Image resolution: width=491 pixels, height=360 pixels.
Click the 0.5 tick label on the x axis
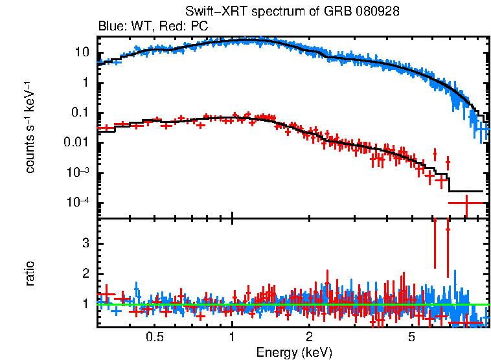[154, 337]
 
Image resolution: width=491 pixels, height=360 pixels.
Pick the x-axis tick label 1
[232, 337]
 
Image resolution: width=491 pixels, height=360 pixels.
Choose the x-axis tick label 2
[310, 337]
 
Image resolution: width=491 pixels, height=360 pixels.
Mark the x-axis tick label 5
[412, 337]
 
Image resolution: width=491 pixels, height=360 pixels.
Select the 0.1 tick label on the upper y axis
[79, 113]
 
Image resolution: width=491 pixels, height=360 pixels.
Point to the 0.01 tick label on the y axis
[76, 142]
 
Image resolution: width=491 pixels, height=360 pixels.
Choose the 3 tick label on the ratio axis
[84, 242]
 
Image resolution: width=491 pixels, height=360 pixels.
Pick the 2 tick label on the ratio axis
[84, 273]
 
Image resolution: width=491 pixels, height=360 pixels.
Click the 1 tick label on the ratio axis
[84, 304]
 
